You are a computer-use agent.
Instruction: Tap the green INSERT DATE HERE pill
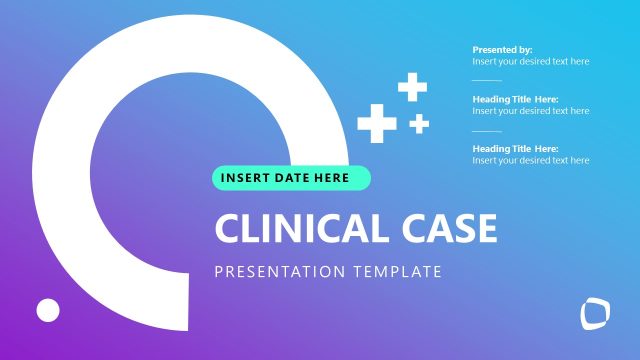coord(291,178)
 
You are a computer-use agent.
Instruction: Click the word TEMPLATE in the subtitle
coord(396,271)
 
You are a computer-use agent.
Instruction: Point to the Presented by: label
coord(502,50)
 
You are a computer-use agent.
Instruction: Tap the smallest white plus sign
coord(419,123)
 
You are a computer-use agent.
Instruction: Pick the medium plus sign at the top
coord(412,86)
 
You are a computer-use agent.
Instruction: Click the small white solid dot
coord(48,310)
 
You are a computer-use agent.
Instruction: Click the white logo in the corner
coord(595,314)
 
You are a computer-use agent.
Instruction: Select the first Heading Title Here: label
coord(515,99)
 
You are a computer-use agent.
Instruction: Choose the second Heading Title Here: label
coord(515,149)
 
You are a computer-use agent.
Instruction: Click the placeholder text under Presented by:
coord(530,62)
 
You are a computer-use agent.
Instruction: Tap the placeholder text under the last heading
coord(530,161)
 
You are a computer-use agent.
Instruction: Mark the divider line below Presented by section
coord(486,80)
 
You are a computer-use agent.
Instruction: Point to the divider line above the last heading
coord(486,130)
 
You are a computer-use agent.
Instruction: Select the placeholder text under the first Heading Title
coord(530,111)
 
